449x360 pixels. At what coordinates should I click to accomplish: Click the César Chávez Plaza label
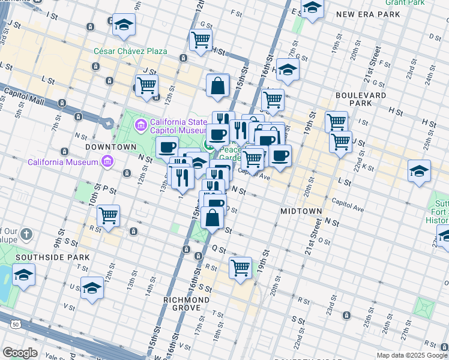[130, 51]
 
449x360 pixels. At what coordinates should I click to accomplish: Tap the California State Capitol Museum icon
[140, 125]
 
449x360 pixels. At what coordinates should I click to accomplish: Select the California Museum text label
[62, 162]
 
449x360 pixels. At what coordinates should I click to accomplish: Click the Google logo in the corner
[20, 353]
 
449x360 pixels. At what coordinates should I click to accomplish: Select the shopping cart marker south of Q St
[240, 268]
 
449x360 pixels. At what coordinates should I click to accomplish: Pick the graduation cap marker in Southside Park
[23, 274]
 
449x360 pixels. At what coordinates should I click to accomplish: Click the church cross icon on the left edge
[26, 233]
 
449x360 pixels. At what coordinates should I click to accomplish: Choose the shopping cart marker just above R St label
[108, 215]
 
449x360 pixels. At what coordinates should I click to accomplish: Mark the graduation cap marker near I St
[124, 24]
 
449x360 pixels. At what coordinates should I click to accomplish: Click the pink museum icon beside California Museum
[107, 161]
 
